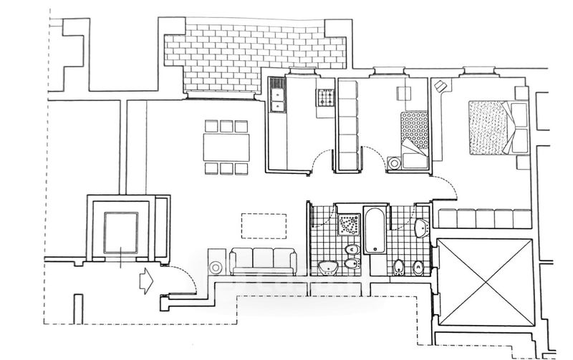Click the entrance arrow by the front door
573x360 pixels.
click(x=145, y=280)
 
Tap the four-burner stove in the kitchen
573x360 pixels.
click(x=325, y=97)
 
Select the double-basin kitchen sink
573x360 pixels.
click(x=276, y=96)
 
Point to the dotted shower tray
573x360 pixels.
click(x=350, y=223)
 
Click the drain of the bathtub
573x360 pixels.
click(x=375, y=215)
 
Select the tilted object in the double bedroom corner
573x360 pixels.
click(x=441, y=86)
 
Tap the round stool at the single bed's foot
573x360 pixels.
click(x=395, y=163)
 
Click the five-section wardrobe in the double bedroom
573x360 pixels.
click(x=484, y=218)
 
